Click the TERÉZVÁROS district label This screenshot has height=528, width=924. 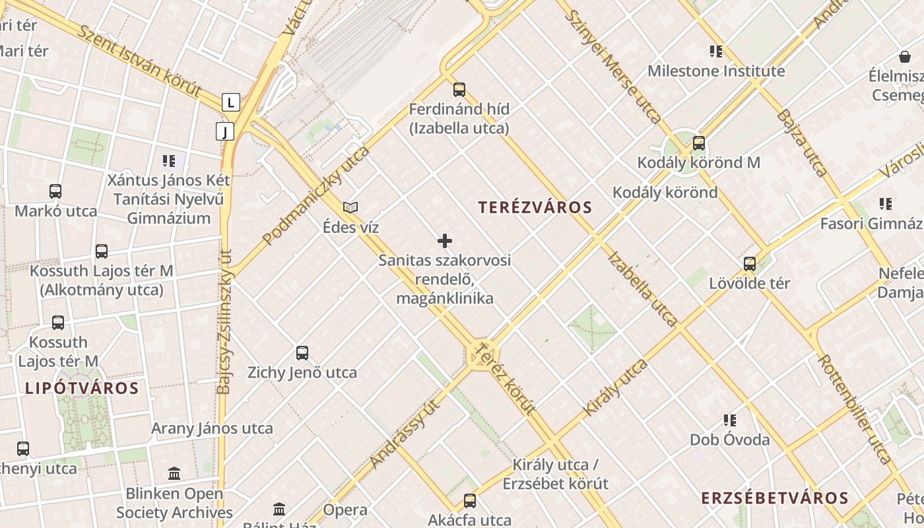coord(535,207)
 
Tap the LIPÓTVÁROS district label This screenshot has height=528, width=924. coord(82,388)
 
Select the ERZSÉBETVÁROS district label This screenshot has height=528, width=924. coord(774,498)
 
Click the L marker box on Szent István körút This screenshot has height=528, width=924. coord(230,102)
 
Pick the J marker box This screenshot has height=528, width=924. coord(225,131)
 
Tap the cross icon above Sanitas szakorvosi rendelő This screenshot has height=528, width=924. coord(445,241)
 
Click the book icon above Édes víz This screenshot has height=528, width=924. coord(350,208)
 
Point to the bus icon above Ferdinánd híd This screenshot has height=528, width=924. coord(459,90)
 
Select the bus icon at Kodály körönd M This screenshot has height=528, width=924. coord(699,143)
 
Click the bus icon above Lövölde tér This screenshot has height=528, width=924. coord(750,264)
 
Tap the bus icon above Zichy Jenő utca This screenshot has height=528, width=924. coord(302,353)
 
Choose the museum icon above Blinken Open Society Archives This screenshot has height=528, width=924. coord(174,473)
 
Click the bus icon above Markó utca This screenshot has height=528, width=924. coord(55,191)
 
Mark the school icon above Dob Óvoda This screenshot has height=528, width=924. coord(730,420)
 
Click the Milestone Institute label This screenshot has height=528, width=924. coord(716,71)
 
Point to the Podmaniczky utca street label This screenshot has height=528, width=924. coord(315,196)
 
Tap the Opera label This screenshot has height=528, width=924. coord(345,510)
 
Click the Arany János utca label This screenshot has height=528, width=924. coord(212,428)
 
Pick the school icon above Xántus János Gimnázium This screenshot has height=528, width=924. coord(168,160)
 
